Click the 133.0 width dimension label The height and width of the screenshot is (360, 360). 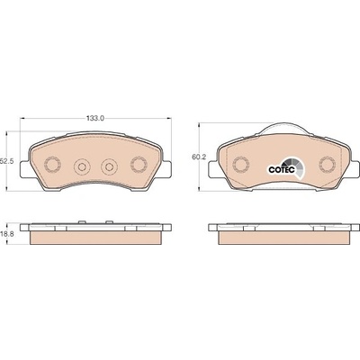point(95,118)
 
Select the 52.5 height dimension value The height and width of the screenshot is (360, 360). point(7,161)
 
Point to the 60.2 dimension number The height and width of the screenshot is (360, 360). point(198,157)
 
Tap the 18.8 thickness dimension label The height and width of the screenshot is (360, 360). point(7,234)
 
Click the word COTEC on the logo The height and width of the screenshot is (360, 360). point(278,170)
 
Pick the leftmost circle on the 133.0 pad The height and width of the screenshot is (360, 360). point(52,164)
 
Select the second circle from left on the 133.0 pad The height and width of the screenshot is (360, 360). point(82,166)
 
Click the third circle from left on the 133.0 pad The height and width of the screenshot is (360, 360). point(110,166)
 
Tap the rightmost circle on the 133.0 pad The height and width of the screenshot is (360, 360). point(139,164)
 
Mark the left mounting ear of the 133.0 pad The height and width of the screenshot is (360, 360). point(25,168)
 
